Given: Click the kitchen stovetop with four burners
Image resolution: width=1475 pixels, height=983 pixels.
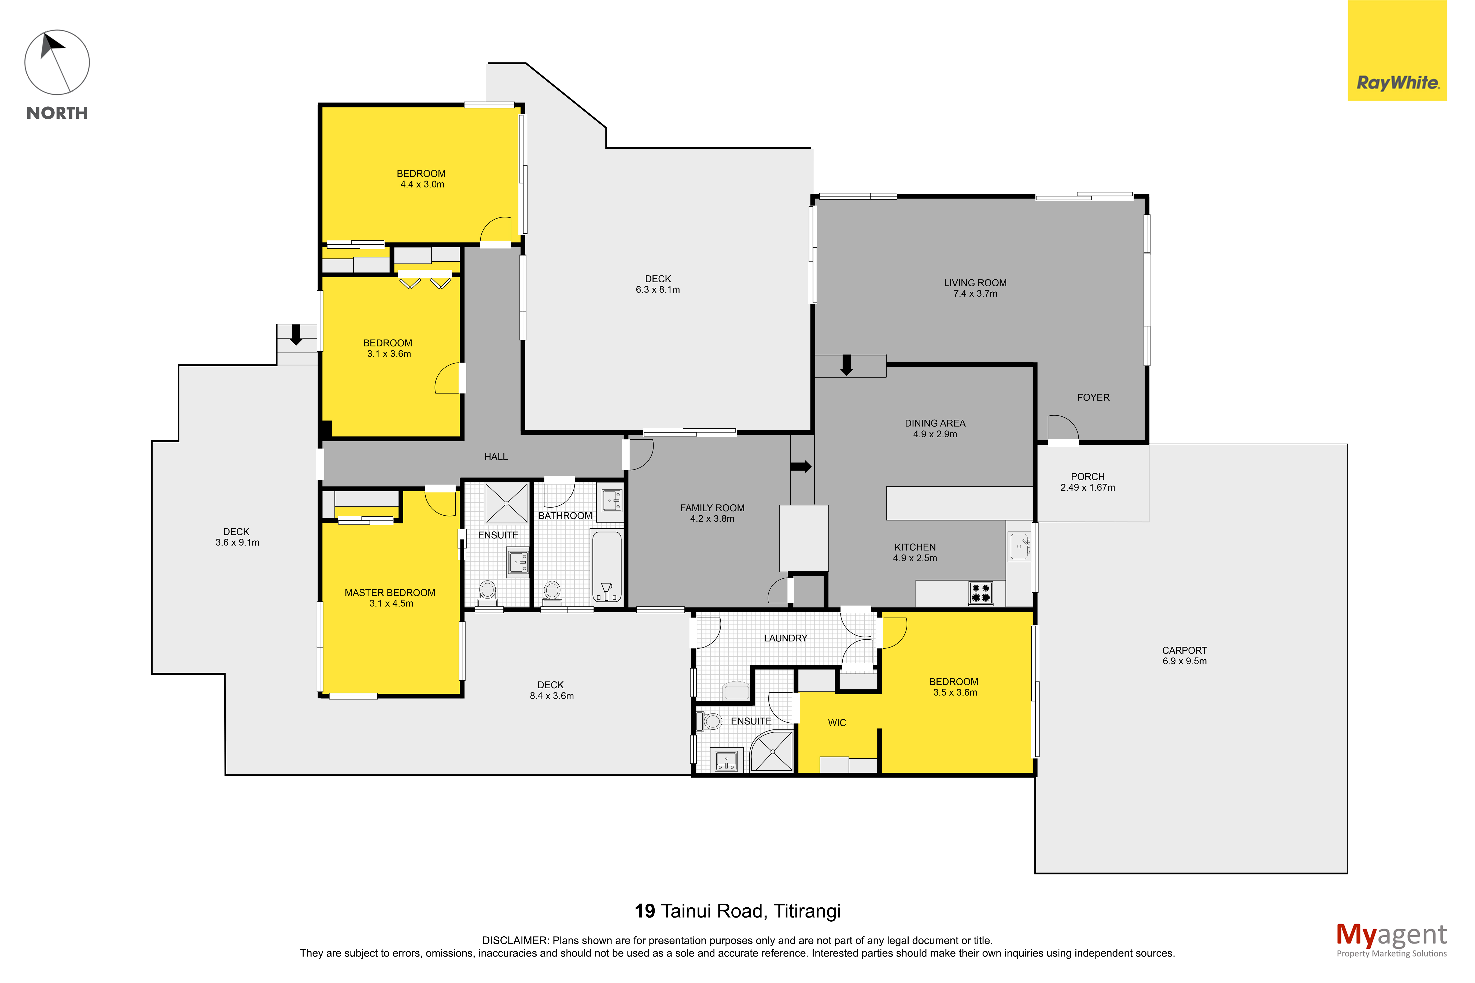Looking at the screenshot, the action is click(x=980, y=592).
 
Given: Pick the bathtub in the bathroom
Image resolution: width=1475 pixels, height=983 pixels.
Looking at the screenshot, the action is click(x=607, y=566).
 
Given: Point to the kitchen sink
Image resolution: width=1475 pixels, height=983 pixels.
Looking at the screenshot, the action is click(x=1020, y=547).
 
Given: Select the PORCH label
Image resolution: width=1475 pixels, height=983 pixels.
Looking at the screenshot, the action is click(x=1087, y=476).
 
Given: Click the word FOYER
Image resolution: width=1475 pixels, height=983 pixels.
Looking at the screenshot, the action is click(x=1093, y=397).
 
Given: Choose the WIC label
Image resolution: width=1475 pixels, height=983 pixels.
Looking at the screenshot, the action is click(x=837, y=723).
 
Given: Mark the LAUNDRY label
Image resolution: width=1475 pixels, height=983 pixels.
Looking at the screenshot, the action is click(x=786, y=638).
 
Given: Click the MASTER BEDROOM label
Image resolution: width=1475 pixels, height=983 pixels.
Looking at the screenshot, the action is click(x=390, y=592).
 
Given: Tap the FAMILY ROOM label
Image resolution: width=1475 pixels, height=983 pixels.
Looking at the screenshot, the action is click(x=712, y=508).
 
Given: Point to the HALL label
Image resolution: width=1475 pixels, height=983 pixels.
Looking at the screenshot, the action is click(x=496, y=456).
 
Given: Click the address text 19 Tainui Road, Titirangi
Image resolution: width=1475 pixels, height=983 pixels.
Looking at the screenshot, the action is click(x=738, y=911).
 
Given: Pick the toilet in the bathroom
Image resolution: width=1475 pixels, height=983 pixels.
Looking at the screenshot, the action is click(x=552, y=592).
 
